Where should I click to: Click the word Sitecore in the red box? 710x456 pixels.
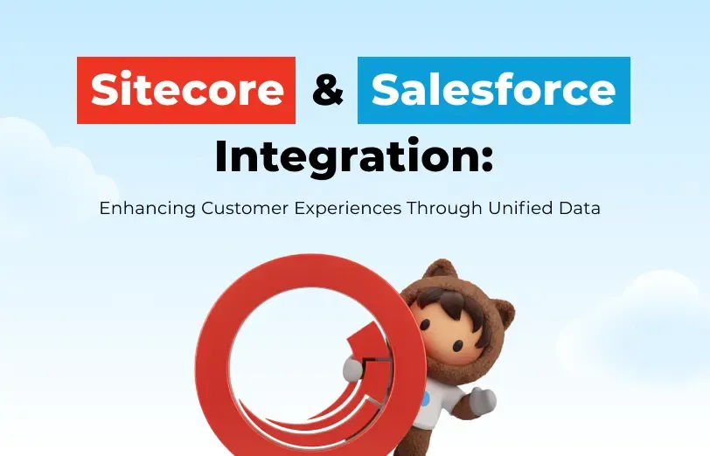coord(187,90)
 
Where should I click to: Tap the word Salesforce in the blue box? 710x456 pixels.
coord(493,90)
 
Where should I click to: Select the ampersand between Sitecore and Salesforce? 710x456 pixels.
coord(327,90)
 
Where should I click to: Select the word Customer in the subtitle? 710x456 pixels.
coord(240,210)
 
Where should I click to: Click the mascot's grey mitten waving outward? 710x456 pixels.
coord(483,401)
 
